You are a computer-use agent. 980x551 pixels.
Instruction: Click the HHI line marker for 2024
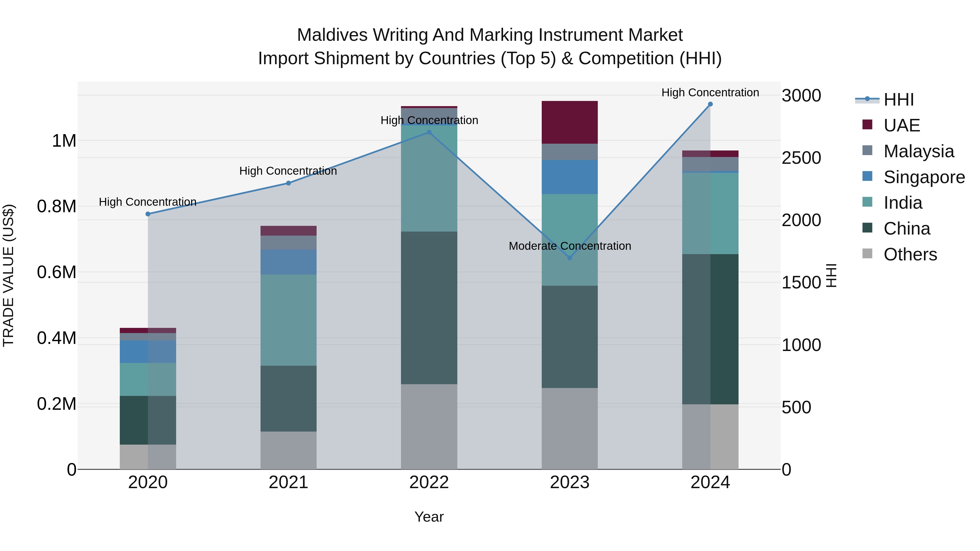[710, 104]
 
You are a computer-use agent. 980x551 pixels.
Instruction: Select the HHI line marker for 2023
[569, 258]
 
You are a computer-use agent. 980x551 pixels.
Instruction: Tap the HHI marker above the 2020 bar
[148, 214]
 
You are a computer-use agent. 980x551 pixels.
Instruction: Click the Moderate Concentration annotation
[569, 246]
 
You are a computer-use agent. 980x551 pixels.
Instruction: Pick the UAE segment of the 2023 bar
[569, 122]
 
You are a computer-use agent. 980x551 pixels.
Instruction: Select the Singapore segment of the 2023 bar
[569, 177]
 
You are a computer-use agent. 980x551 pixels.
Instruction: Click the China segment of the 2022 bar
[429, 308]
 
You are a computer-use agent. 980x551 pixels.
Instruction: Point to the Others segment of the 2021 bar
[288, 450]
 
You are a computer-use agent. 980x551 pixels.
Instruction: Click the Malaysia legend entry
[918, 151]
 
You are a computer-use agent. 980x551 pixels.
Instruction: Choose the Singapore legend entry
[924, 177]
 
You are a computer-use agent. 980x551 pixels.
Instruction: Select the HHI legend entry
[898, 100]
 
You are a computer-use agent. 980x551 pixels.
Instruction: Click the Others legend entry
[910, 254]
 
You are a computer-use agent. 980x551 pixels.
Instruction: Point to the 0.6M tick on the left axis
[56, 272]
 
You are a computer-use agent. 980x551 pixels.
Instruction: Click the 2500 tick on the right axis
[801, 158]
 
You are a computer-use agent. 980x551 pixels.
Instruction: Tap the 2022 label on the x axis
[429, 482]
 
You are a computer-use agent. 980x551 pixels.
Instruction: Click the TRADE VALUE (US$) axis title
[8, 275]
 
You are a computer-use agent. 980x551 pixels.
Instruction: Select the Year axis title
[429, 517]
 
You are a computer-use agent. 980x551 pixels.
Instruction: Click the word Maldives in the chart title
[332, 35]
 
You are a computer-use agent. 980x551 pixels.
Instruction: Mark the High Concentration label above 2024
[710, 93]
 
